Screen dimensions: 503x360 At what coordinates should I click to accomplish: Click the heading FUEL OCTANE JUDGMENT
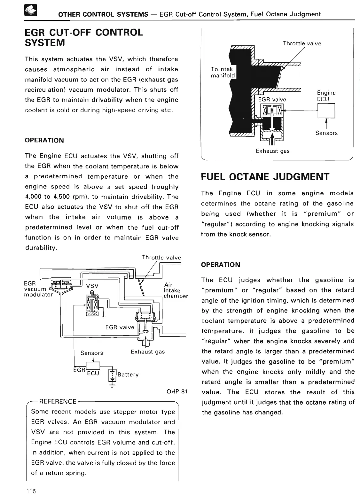point(265,177)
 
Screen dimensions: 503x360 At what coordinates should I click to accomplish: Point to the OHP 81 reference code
point(177,391)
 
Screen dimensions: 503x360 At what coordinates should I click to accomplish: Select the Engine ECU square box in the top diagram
point(326,112)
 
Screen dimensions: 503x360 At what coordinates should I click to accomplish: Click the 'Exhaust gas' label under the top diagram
point(272,151)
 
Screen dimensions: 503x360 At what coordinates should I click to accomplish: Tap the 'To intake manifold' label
point(223,72)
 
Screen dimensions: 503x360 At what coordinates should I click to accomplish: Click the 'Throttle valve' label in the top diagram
point(302,43)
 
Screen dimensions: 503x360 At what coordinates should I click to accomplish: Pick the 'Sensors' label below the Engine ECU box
point(326,133)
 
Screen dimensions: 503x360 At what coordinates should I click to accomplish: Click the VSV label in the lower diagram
point(92,286)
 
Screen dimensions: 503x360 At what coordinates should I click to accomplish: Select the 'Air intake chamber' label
point(176,290)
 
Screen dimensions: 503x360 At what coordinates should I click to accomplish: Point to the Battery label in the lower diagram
point(128,375)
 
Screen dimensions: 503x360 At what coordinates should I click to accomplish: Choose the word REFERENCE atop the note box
point(58,401)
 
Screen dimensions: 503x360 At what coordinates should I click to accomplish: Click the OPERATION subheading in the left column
point(44,140)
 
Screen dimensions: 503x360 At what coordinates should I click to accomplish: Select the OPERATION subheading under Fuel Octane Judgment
point(220,265)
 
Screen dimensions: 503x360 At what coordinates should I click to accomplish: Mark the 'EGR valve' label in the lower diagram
point(120,327)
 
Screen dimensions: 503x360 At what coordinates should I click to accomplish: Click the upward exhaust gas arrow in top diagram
point(272,138)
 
